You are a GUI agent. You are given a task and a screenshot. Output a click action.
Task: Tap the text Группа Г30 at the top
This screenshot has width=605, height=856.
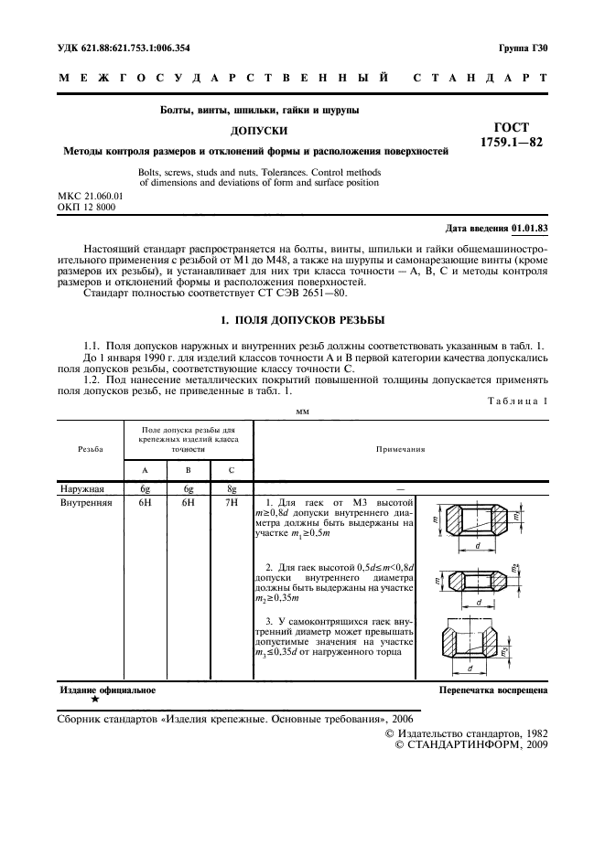click(523, 47)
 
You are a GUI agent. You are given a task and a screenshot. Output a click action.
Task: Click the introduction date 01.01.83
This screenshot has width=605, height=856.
click(529, 228)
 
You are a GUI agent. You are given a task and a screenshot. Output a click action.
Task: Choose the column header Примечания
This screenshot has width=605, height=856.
click(401, 450)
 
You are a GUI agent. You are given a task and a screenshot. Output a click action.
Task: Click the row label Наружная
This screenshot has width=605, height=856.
click(82, 489)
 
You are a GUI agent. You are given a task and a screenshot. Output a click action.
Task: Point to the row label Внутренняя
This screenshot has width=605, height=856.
click(85, 502)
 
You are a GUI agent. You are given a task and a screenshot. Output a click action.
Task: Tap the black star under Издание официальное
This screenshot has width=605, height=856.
click(94, 700)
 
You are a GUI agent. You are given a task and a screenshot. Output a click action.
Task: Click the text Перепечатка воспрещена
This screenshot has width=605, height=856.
click(493, 690)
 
